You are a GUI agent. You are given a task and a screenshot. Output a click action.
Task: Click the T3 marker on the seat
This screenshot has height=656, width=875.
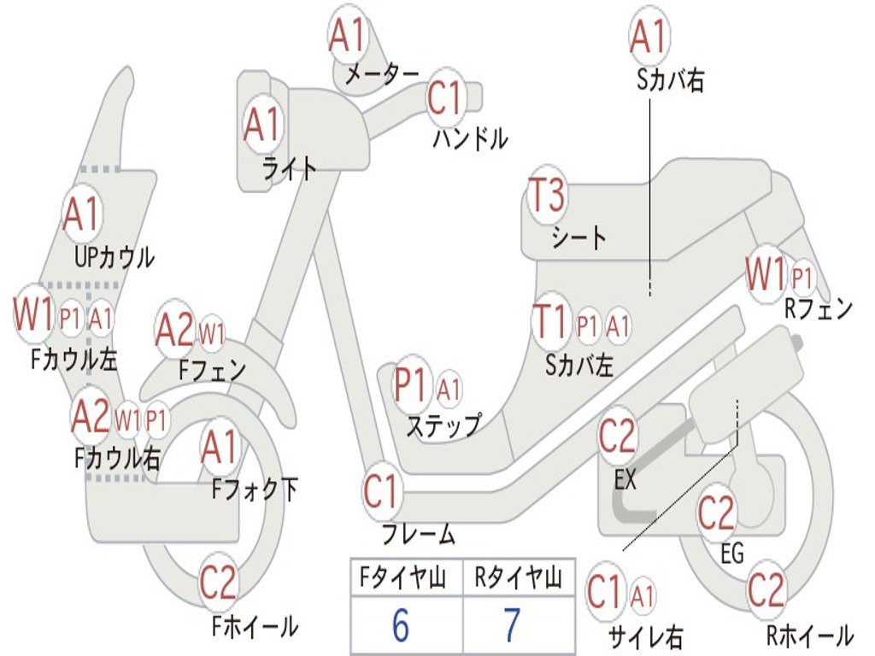tap(547, 197)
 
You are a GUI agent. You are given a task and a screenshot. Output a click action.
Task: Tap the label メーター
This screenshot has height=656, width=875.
tap(381, 74)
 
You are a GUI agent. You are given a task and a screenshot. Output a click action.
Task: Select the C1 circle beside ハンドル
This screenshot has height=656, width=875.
tap(445, 98)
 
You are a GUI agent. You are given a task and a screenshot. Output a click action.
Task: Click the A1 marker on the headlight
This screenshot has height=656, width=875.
tap(262, 126)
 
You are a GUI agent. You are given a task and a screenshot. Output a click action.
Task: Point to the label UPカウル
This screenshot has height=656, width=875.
tap(115, 256)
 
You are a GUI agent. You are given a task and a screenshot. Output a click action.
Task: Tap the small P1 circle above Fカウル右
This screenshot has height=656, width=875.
tap(156, 419)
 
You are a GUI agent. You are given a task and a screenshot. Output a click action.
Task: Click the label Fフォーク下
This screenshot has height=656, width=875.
tap(255, 489)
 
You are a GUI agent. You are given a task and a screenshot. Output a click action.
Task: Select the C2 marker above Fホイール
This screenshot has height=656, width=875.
tap(218, 583)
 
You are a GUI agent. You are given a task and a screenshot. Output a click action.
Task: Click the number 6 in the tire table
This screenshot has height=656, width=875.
tap(400, 627)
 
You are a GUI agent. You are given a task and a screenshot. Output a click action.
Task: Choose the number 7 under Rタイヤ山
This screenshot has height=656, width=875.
tap(512, 627)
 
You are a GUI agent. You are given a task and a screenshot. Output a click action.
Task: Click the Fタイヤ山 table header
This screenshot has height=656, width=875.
tap(402, 579)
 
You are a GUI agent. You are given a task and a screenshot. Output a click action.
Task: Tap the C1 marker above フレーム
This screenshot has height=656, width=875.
tap(381, 492)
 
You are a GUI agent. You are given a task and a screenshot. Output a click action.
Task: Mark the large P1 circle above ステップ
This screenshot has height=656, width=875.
tap(411, 385)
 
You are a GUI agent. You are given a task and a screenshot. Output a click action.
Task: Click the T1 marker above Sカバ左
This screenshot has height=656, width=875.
tap(549, 323)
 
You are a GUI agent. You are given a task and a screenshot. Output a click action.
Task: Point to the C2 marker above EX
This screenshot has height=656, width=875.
tap(618, 436)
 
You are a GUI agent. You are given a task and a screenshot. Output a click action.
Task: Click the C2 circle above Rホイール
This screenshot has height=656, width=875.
tap(766, 589)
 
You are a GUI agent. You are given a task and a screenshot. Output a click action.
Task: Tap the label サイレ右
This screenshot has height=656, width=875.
tap(645, 636)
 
